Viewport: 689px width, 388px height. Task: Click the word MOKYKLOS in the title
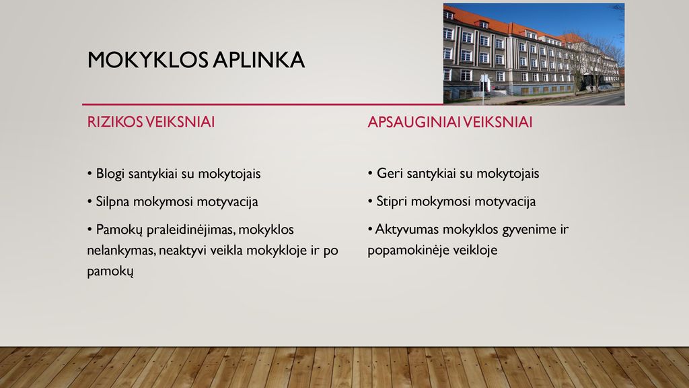[148, 60]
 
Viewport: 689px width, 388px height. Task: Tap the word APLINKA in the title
[259, 60]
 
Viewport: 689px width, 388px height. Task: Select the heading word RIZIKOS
[114, 122]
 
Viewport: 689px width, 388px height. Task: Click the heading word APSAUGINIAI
[414, 122]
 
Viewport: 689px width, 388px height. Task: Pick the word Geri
[390, 173]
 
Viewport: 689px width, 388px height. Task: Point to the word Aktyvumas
[407, 230]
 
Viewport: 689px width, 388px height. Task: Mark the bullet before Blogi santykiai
[89, 174]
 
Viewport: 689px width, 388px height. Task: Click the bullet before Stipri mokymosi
[371, 202]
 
